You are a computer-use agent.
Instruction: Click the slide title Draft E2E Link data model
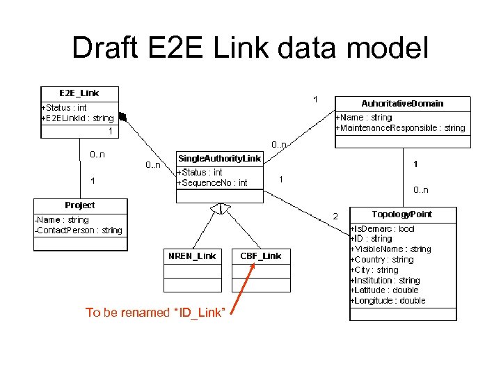tap(250, 48)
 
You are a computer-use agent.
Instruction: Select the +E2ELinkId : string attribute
tap(77, 118)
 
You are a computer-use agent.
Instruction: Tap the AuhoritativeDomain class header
tap(402, 103)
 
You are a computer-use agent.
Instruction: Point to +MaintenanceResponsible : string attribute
tap(401, 128)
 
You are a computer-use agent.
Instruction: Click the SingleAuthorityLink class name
tap(220, 159)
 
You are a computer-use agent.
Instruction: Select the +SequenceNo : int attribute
tap(212, 182)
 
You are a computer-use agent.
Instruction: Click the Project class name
tap(80, 205)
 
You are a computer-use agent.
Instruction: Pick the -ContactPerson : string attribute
tap(79, 230)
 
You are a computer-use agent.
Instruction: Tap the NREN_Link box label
tap(192, 256)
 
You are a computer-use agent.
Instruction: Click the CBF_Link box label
tap(261, 256)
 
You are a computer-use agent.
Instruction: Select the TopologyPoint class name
tap(403, 214)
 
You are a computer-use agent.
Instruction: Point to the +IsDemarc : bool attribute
tap(383, 229)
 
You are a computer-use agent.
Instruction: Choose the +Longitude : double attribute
tap(388, 301)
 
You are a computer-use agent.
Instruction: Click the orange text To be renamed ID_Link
tap(154, 313)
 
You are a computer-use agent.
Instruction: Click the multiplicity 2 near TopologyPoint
tap(335, 217)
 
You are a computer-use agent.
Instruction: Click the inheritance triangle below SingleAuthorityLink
tap(221, 209)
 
